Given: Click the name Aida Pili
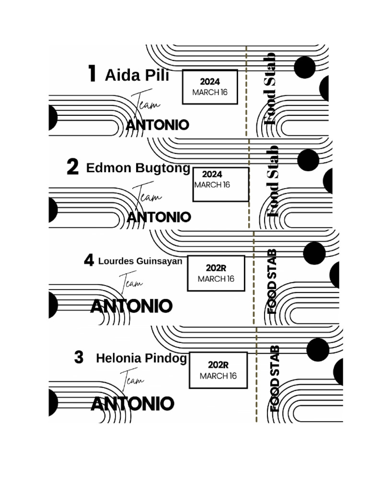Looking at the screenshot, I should [x=137, y=75].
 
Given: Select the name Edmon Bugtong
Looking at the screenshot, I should [x=138, y=168].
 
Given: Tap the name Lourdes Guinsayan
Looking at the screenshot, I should [x=140, y=261].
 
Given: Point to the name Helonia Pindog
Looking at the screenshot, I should [x=141, y=358].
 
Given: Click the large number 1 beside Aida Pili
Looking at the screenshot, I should [x=92, y=74].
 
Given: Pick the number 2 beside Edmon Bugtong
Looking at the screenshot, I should [x=72, y=167].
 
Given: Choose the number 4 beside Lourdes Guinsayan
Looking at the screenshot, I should [x=89, y=261].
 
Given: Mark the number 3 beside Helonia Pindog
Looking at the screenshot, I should [x=79, y=357].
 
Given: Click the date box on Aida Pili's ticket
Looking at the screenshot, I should [x=210, y=87].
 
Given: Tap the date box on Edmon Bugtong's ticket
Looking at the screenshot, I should [x=221, y=184].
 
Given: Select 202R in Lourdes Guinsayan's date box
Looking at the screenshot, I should [x=216, y=268].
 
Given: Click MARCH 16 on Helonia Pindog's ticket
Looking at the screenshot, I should [x=218, y=376].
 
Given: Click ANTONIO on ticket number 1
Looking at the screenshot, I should [x=158, y=125].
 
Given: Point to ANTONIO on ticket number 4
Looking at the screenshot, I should [x=131, y=306].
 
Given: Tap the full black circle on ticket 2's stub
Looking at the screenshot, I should [x=308, y=160].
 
